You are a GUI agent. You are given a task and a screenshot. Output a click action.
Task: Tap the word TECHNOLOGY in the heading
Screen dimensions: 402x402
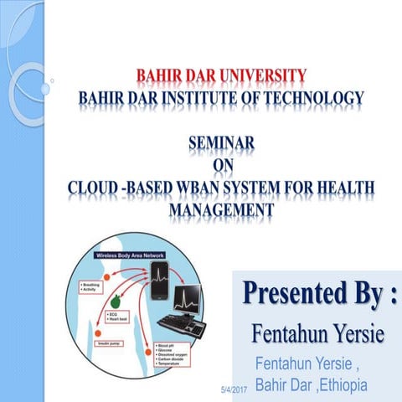click(313, 99)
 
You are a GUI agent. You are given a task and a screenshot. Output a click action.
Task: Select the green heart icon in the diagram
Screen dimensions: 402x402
click(116, 298)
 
